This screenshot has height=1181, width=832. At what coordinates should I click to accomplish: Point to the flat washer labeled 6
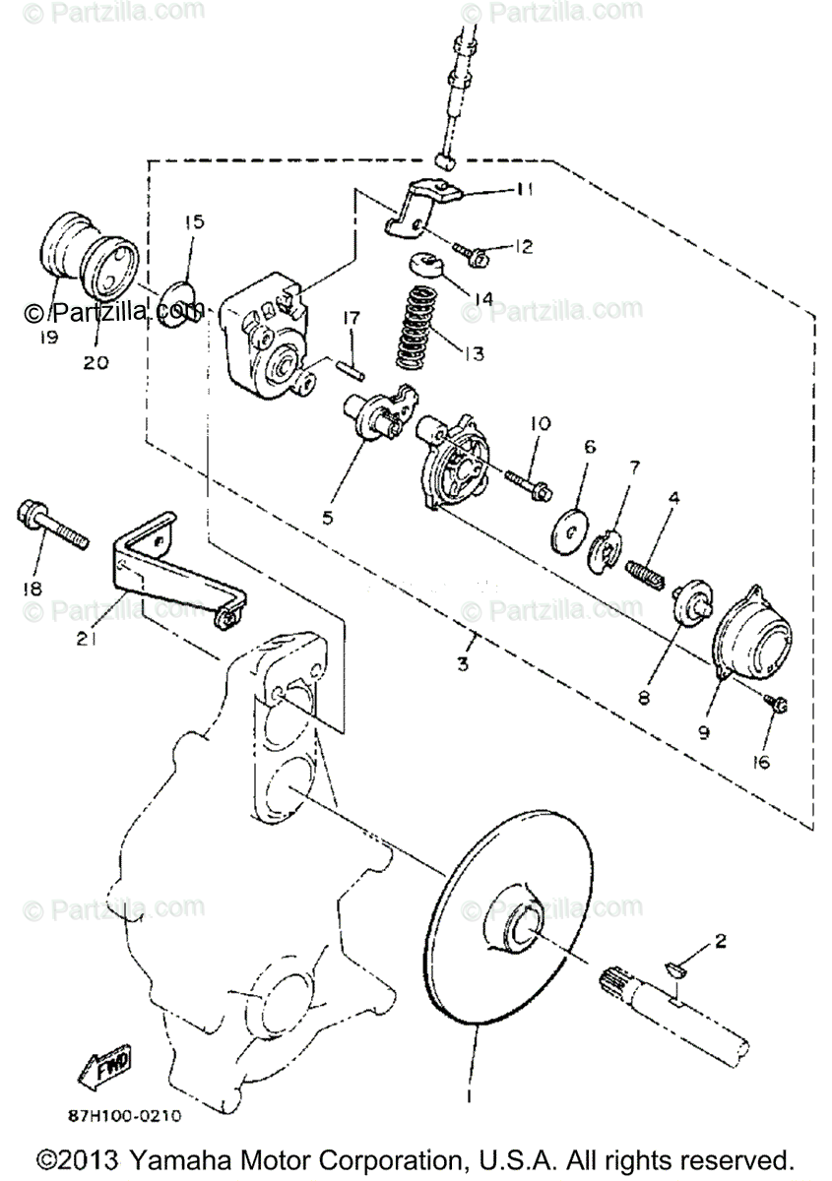pyautogui.click(x=569, y=523)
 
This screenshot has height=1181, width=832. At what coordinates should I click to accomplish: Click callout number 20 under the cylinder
pyautogui.click(x=96, y=362)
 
